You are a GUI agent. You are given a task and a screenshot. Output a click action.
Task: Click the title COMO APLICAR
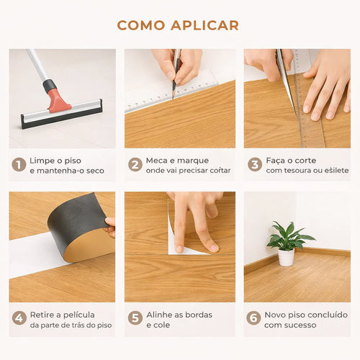178,25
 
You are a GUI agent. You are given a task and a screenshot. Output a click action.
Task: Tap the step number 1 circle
19,164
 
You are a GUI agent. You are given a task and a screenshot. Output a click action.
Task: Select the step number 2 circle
135,164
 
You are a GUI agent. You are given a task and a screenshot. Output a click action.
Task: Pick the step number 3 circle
254,164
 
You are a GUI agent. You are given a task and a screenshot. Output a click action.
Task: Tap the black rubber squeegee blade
61,117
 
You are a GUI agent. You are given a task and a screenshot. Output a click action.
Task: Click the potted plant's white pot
286,257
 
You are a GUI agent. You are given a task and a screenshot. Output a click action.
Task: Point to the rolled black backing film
76,216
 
